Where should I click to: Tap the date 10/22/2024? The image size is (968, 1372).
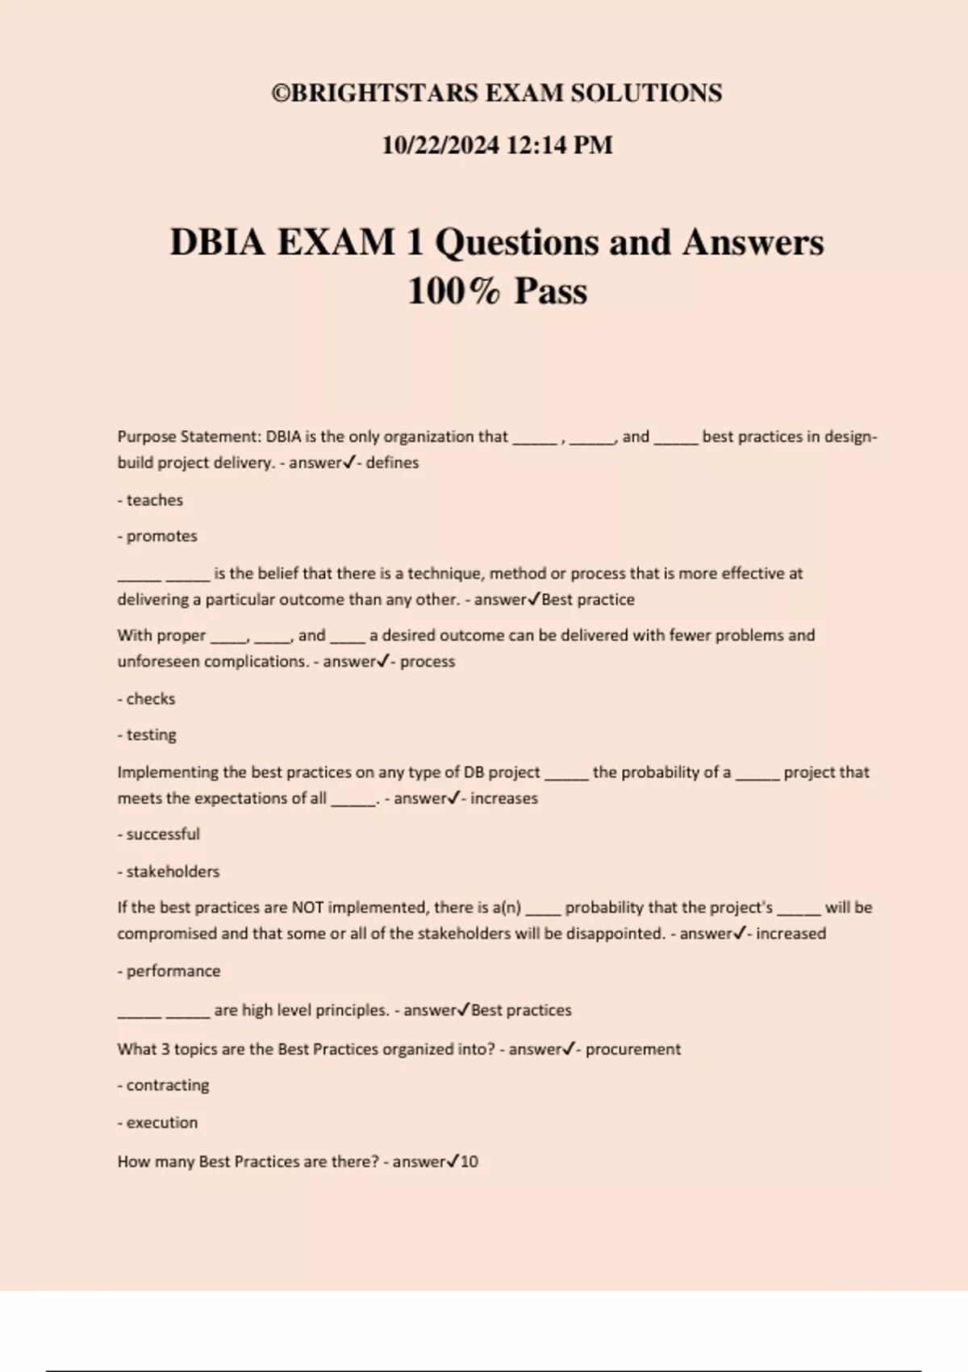(x=440, y=145)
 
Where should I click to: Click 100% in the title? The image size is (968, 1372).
(x=453, y=291)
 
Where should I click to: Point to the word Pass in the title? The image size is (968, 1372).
(x=551, y=291)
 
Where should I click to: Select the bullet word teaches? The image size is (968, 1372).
(x=154, y=500)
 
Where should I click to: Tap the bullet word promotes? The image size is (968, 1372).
(x=161, y=537)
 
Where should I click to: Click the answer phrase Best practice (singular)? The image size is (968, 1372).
(x=588, y=600)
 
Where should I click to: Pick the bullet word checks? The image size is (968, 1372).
(x=151, y=699)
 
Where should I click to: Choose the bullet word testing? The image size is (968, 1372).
(x=151, y=735)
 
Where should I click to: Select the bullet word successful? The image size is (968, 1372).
(x=163, y=834)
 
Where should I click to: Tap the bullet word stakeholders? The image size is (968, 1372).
(x=173, y=872)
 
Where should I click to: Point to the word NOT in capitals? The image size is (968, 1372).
(x=307, y=908)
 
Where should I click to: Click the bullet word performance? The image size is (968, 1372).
(x=173, y=971)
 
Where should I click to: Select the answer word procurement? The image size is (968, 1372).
(x=633, y=1049)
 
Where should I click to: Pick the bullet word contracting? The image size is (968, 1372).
(x=168, y=1085)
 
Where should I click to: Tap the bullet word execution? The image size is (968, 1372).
(x=161, y=1123)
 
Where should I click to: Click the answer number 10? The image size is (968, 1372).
(x=469, y=1162)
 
